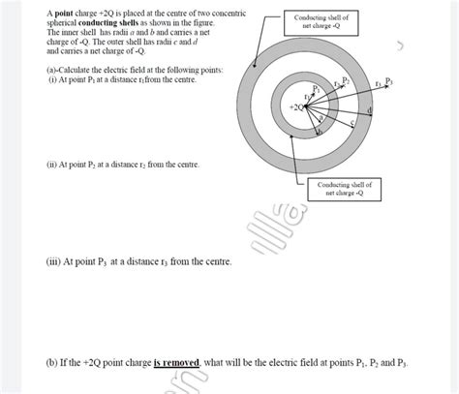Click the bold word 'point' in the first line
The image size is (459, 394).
[63, 13]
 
